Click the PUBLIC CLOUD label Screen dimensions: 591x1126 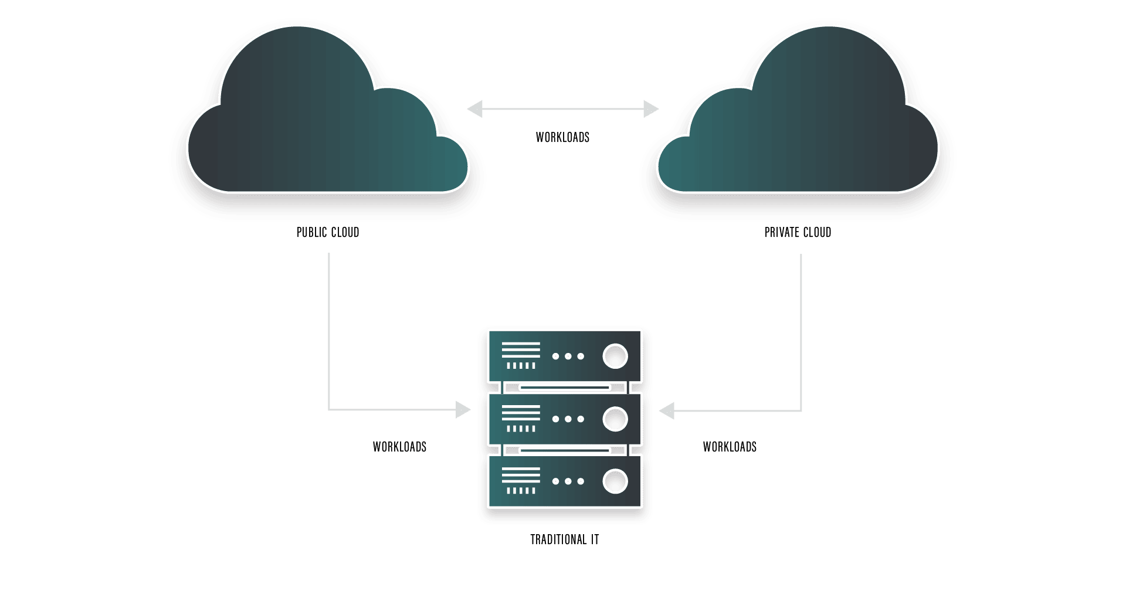[x=328, y=233]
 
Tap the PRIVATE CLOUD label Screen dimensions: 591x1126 [x=798, y=233]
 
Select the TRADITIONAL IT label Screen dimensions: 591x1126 [x=564, y=540]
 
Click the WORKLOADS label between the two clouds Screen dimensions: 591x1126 [x=562, y=138]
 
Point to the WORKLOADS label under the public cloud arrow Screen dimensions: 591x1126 [x=399, y=447]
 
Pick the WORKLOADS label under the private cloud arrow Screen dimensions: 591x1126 [x=730, y=447]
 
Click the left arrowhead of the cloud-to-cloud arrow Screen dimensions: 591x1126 [x=475, y=109]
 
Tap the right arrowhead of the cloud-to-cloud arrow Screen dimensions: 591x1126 [x=651, y=109]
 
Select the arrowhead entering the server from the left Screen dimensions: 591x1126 [x=463, y=410]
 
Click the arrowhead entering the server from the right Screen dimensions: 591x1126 [x=667, y=410]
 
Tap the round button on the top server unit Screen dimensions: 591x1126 [x=615, y=356]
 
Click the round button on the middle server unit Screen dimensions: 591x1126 [x=615, y=419]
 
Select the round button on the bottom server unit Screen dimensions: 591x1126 [x=615, y=481]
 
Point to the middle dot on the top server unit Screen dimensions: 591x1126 [x=568, y=356]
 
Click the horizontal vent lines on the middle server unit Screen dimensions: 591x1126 [x=521, y=412]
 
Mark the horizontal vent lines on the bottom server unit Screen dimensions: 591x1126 [x=521, y=475]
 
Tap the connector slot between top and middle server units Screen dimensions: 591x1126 [x=565, y=388]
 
